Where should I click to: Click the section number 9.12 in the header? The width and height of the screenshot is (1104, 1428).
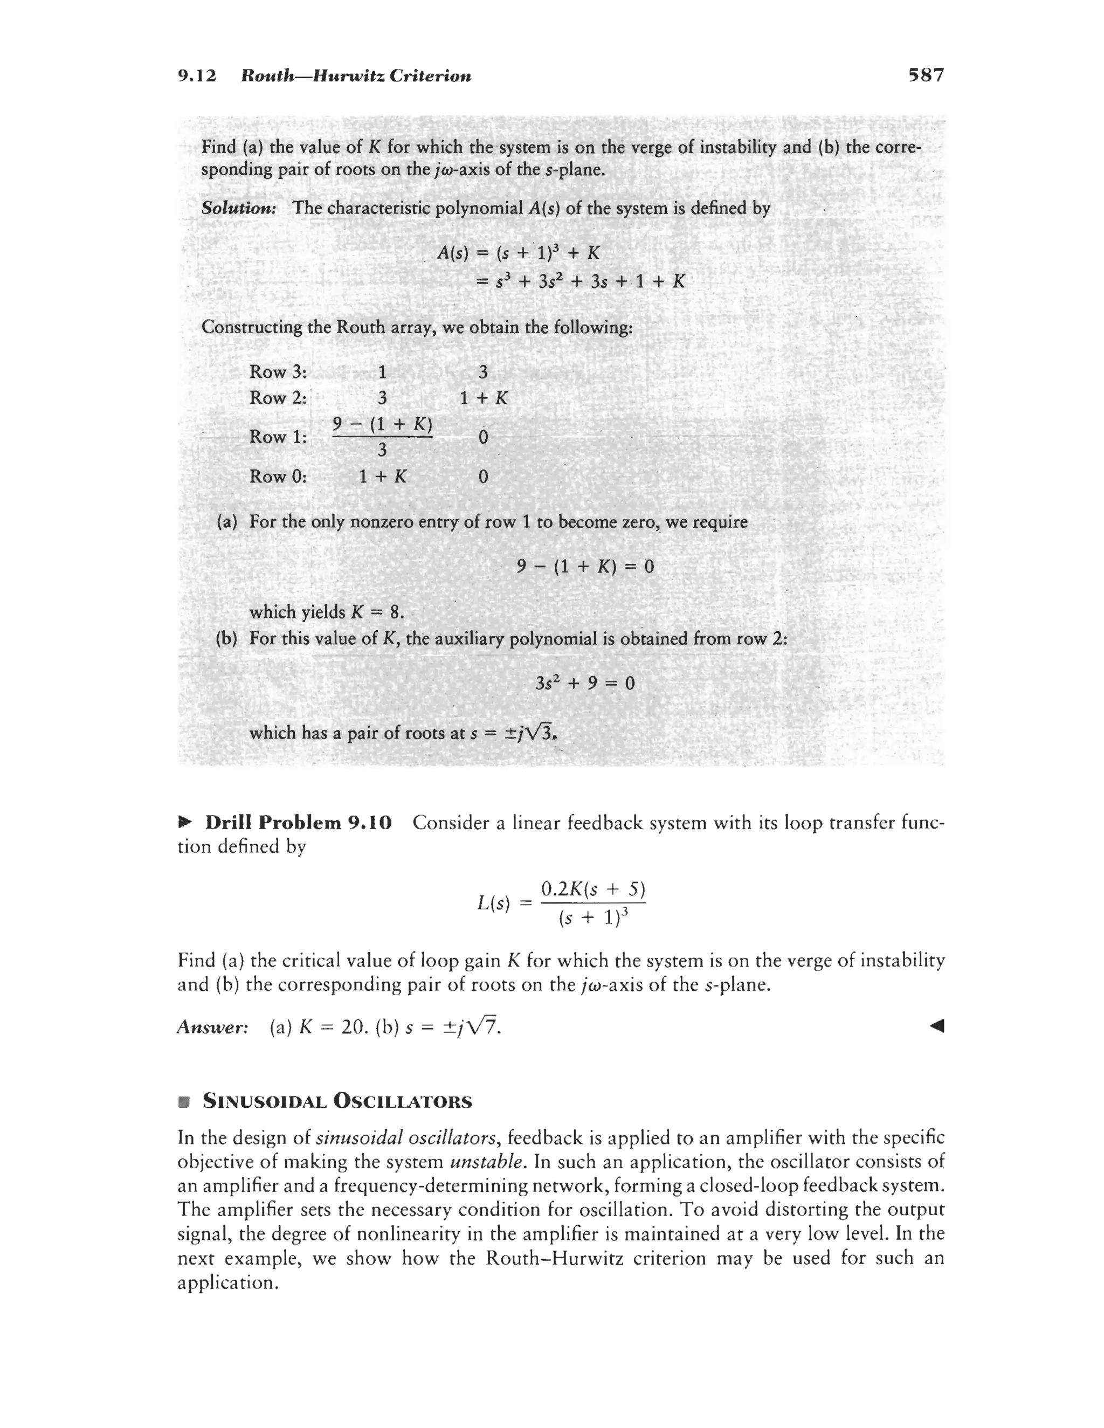[x=197, y=76]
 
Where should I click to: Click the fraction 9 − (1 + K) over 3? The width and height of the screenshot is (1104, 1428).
[x=383, y=436]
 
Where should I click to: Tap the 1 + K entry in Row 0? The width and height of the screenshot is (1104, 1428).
[x=383, y=476]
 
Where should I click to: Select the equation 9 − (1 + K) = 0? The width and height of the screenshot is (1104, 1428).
[x=585, y=565]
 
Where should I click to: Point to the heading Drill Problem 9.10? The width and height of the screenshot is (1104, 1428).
[x=298, y=822]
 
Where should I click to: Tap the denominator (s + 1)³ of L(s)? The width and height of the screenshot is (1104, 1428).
[x=593, y=918]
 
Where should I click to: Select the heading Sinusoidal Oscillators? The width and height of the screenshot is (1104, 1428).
[x=337, y=1101]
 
